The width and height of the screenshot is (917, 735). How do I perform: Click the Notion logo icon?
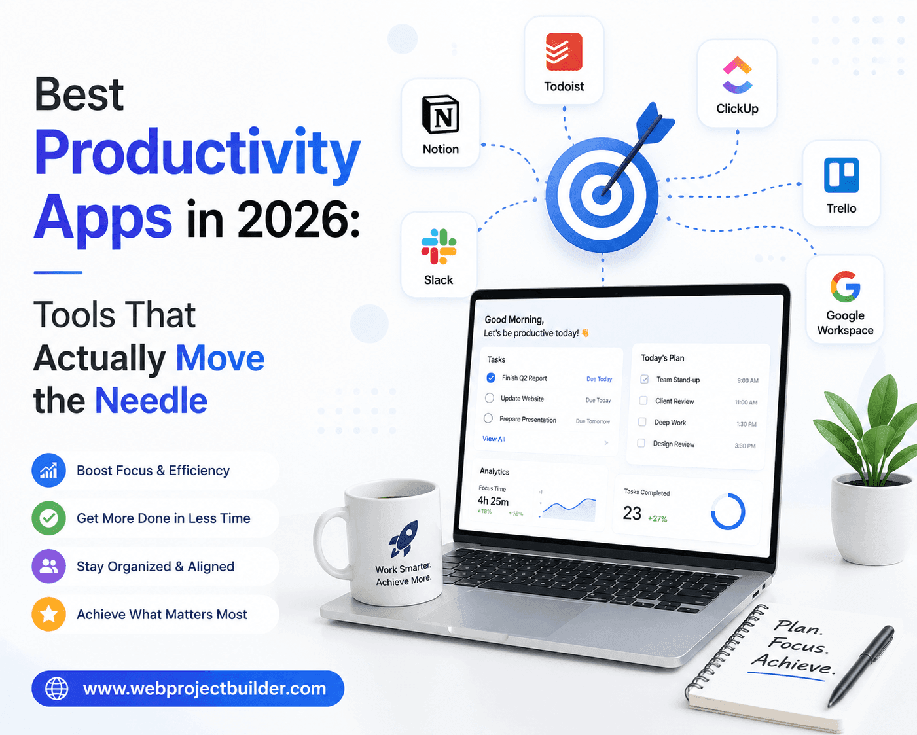click(x=441, y=114)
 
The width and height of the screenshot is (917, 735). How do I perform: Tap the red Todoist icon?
click(x=564, y=52)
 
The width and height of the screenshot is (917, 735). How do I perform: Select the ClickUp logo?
click(x=737, y=75)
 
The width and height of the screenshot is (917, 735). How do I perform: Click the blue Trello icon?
click(x=841, y=175)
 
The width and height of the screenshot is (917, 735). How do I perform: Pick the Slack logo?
click(x=439, y=246)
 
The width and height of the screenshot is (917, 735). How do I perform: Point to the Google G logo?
click(x=846, y=286)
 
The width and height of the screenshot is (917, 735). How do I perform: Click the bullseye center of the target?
click(x=602, y=195)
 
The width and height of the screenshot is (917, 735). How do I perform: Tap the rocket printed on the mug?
click(x=403, y=539)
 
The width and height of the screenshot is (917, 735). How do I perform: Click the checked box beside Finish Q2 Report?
click(x=491, y=378)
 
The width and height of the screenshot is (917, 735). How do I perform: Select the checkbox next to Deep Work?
click(x=642, y=422)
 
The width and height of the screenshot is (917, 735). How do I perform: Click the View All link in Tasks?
click(x=494, y=439)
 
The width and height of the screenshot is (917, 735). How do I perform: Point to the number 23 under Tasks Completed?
click(x=632, y=513)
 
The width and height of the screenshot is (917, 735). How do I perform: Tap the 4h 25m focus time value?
click(x=493, y=501)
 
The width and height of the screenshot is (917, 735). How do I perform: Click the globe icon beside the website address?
click(x=57, y=689)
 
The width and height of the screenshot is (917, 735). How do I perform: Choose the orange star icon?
click(x=48, y=614)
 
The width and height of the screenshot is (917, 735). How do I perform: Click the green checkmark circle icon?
click(x=48, y=518)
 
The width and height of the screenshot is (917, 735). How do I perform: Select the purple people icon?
click(x=48, y=566)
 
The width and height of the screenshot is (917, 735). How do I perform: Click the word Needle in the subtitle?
click(x=151, y=401)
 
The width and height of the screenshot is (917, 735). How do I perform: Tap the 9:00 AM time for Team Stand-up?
click(x=748, y=380)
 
